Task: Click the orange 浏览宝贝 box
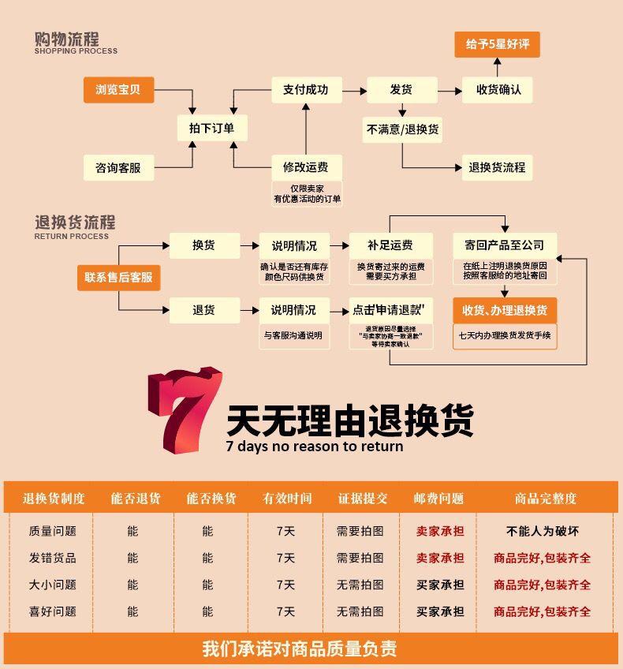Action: [x=118, y=90]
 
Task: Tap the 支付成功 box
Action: [x=305, y=90]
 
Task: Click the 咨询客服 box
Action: [x=118, y=167]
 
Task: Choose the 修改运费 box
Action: [x=305, y=167]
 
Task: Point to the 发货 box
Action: [x=401, y=90]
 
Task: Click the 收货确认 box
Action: [x=498, y=90]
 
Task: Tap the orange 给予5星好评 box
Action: [x=497, y=44]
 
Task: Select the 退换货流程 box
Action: [x=497, y=167]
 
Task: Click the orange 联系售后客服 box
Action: [x=118, y=278]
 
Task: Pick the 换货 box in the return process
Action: [x=204, y=245]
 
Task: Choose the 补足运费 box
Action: [x=390, y=245]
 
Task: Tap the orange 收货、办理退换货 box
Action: [x=505, y=310]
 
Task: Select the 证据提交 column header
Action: [x=363, y=499]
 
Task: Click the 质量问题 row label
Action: [x=53, y=531]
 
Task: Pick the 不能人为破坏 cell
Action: [x=543, y=531]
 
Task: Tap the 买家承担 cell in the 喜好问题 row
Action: [x=440, y=611]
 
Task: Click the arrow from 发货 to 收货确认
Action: [x=450, y=91]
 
